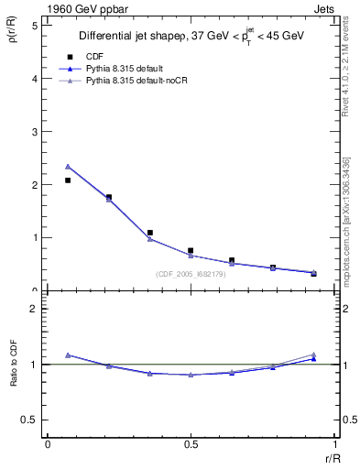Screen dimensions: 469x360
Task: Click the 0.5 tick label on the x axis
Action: click(x=191, y=444)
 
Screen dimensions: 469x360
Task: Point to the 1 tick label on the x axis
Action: click(x=333, y=444)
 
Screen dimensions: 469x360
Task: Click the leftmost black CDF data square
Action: click(x=68, y=180)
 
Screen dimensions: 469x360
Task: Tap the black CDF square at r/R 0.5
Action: click(x=191, y=250)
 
